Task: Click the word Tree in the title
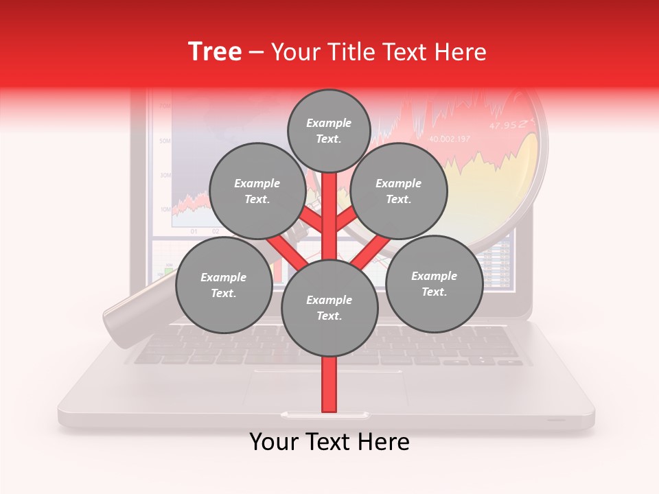(x=215, y=51)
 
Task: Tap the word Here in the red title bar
(x=461, y=52)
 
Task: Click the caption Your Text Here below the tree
(x=329, y=442)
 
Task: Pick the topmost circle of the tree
(x=329, y=130)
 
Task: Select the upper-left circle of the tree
(x=257, y=191)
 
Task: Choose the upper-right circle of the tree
(x=399, y=191)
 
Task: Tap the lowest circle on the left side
(x=224, y=285)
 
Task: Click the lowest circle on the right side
(x=435, y=283)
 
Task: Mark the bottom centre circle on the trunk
(x=329, y=308)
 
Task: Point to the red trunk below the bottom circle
(x=329, y=384)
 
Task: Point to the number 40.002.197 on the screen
(x=450, y=139)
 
